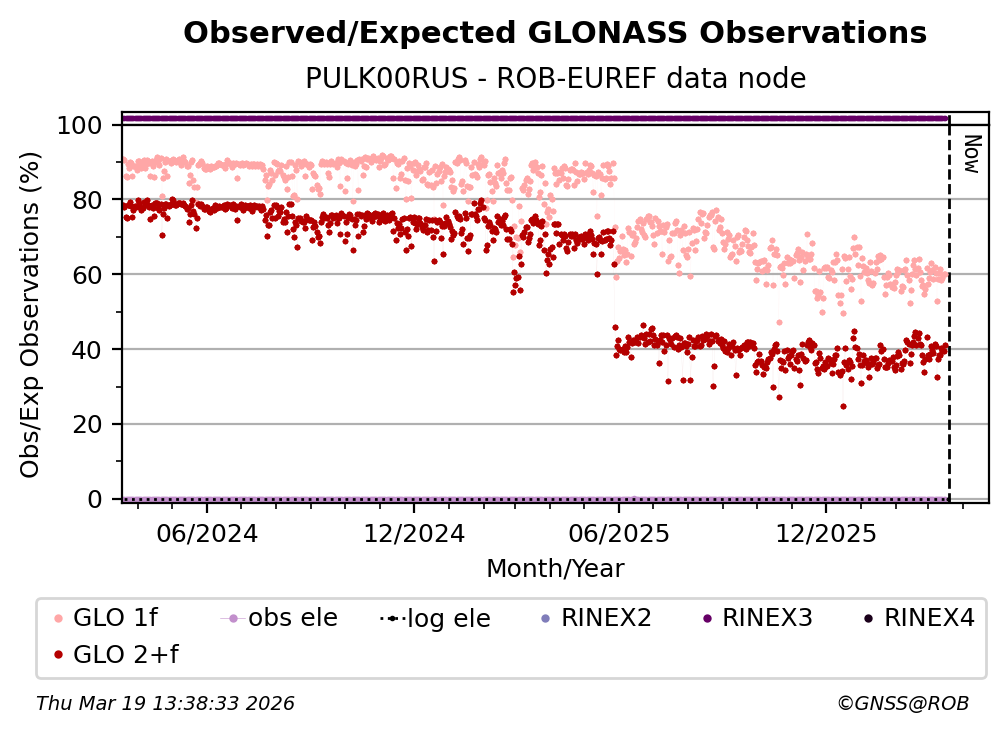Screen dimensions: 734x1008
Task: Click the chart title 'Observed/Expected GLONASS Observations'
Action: point(555,33)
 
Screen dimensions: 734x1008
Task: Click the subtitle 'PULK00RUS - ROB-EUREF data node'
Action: point(555,78)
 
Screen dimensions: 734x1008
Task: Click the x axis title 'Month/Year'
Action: point(555,569)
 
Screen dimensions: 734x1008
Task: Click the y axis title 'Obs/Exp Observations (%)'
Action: point(31,314)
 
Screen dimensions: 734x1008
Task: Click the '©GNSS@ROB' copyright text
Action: point(902,704)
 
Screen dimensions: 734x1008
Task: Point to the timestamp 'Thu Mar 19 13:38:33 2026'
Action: point(165,704)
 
